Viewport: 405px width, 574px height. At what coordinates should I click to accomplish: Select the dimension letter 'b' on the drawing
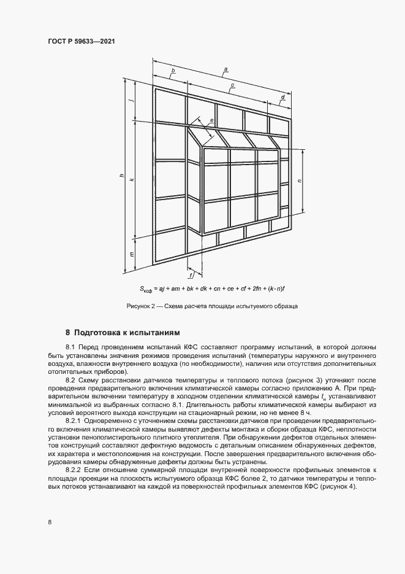tap(173, 72)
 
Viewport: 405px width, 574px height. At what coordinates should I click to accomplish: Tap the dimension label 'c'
tap(232, 85)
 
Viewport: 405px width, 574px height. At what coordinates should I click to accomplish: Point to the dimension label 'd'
tap(282, 97)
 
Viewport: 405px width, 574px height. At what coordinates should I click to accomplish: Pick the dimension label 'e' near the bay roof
tap(211, 120)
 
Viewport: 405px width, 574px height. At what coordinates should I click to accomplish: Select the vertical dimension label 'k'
tap(132, 179)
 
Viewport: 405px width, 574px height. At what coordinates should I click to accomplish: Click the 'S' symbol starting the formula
tap(143, 288)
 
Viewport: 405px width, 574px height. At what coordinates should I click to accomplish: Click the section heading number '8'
tap(68, 333)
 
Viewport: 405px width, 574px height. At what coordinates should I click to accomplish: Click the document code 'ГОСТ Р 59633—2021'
tap(81, 41)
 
